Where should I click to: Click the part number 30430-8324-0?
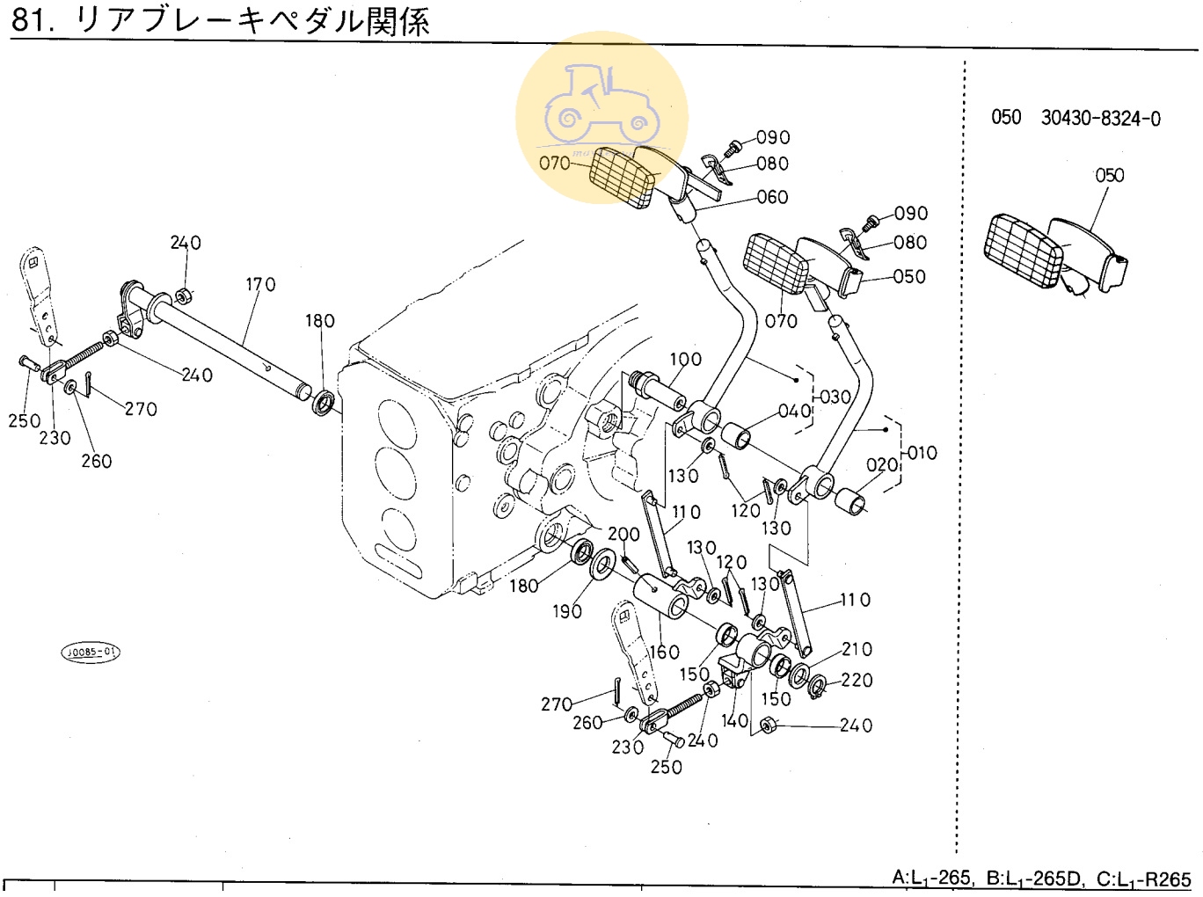coord(1100,119)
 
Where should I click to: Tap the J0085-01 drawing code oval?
coord(90,653)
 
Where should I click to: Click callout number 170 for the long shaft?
coord(260,285)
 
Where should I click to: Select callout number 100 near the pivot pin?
coord(685,360)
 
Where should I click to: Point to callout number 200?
coord(623,535)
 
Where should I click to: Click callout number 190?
coord(567,611)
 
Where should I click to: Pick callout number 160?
coord(664,652)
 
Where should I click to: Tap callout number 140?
coord(734,721)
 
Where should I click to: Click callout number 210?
coord(857,650)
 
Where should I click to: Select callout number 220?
coord(857,681)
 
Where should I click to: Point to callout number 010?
coord(922,454)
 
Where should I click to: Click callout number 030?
coord(835,397)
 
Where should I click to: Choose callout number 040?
coord(794,412)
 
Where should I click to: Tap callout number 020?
coord(882,465)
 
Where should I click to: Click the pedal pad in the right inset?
coord(1024,251)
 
